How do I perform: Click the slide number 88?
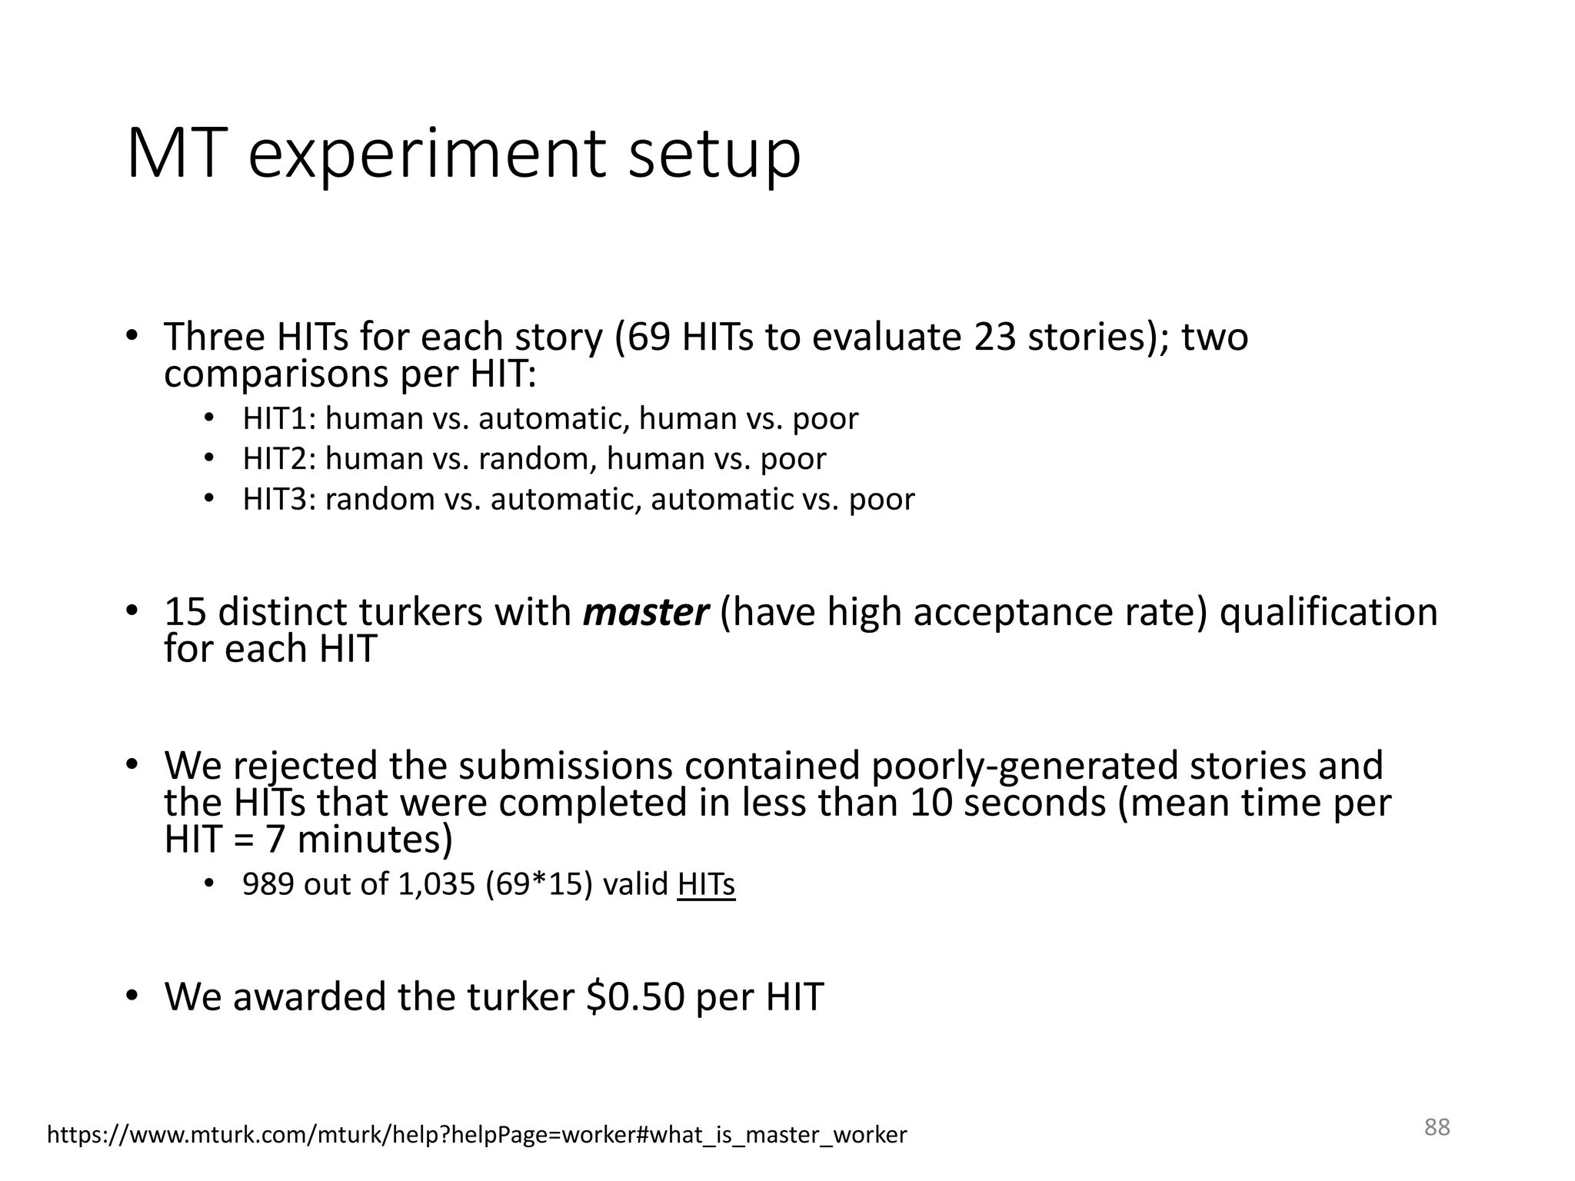[1437, 1127]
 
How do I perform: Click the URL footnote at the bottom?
[477, 1135]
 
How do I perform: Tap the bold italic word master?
[646, 613]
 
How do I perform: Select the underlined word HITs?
[706, 884]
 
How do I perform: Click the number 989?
[268, 884]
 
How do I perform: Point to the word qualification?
[1328, 613]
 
